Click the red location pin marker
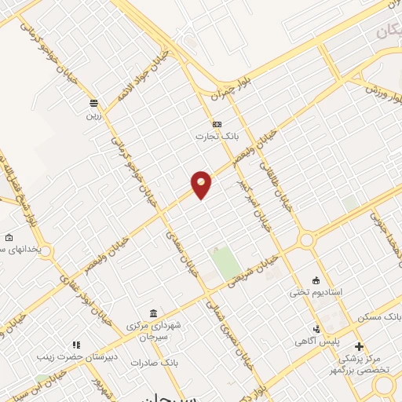pos(202,184)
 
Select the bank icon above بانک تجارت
pos(217,123)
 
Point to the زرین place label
pos(93,115)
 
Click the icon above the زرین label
pos(93,103)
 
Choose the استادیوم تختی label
pos(316,292)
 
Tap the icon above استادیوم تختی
pos(316,280)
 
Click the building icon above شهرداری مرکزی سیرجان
pos(154,312)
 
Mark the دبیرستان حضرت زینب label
pos(69,356)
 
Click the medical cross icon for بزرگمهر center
pos(359,346)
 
